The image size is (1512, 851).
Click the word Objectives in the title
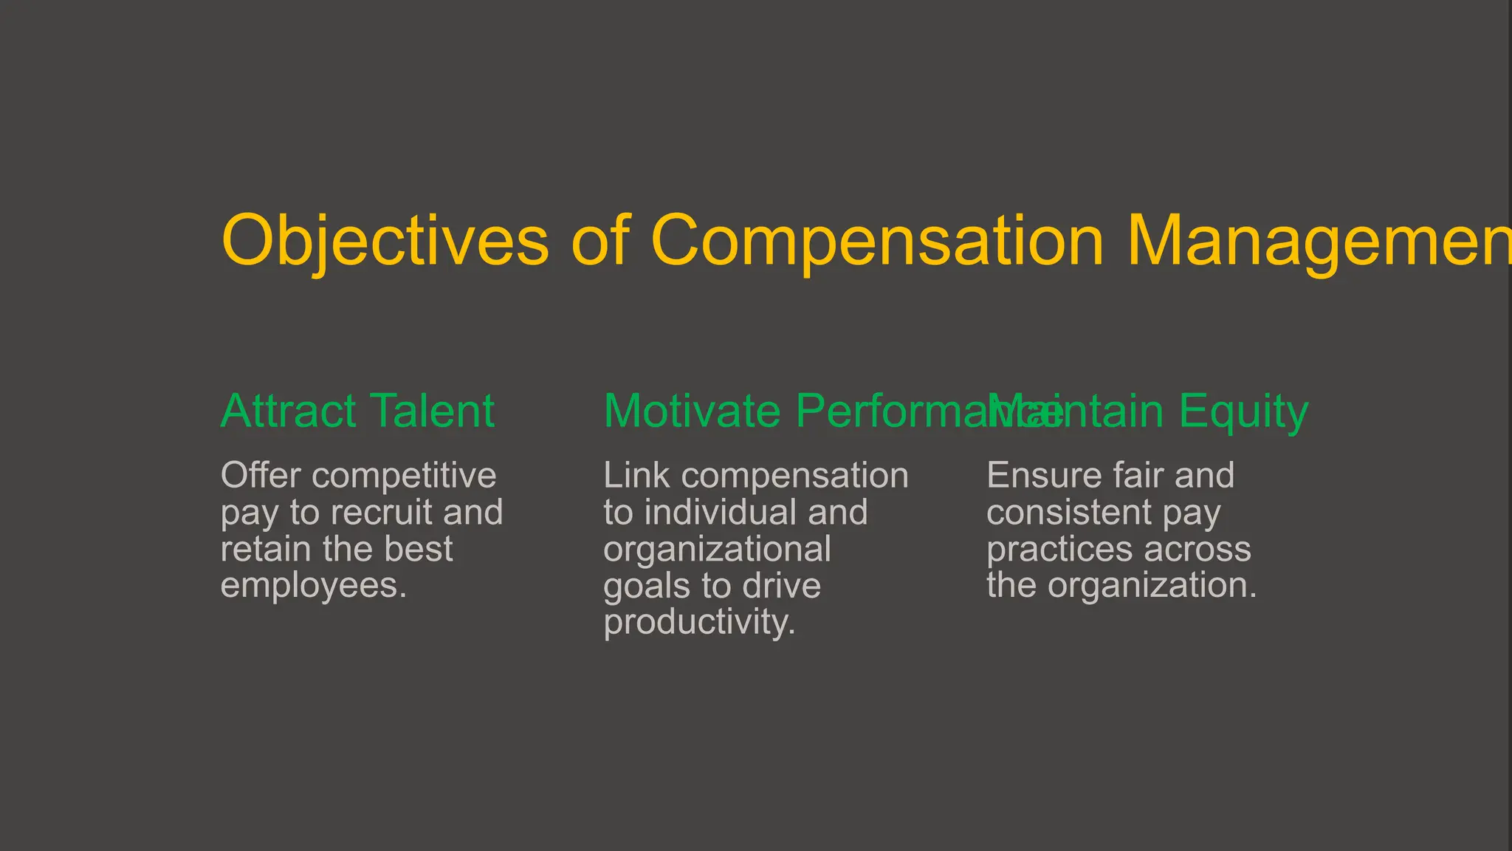coord(385,241)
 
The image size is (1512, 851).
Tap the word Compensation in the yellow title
coord(876,241)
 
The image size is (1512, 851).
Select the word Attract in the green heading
coord(289,411)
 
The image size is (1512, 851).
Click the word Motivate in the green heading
coord(692,411)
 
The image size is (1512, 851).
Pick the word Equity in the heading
coord(1243,412)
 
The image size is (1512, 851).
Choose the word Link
coord(636,475)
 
